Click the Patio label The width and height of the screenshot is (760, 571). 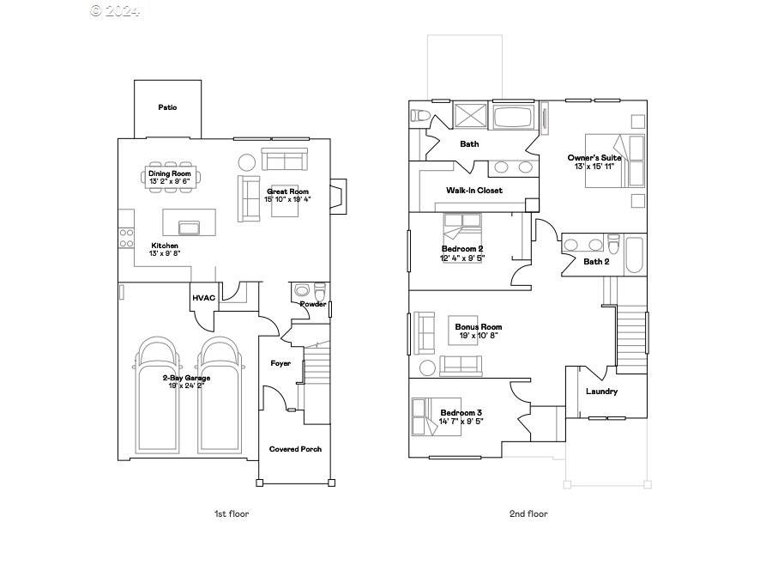point(167,107)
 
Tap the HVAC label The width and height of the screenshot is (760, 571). point(203,298)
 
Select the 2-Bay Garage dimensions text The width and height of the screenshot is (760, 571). point(186,386)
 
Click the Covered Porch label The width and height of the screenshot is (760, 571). point(295,449)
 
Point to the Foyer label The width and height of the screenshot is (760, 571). point(280,363)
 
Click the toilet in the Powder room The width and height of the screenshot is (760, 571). point(320,290)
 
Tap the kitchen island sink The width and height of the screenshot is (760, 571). point(189,227)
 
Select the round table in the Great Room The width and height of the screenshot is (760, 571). point(247,161)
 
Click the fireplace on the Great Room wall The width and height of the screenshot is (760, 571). point(340,197)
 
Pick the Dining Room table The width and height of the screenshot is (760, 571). point(169,177)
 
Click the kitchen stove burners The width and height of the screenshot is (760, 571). point(126,238)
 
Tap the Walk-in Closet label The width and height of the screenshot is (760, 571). point(473,190)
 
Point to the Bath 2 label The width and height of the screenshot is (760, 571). point(596,261)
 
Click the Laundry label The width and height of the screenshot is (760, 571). point(601,392)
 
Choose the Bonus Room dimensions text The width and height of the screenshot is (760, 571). point(478,336)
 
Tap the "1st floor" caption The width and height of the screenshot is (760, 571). point(232,513)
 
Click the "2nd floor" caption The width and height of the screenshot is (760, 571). point(528,513)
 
